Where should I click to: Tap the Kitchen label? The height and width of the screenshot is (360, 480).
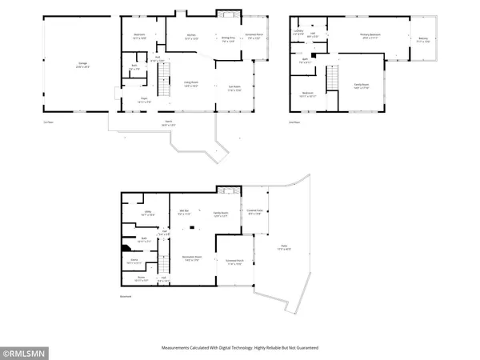pos(192,37)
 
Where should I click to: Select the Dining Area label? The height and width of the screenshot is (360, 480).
pos(228,37)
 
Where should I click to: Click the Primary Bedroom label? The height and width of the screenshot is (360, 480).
pos(373,37)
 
